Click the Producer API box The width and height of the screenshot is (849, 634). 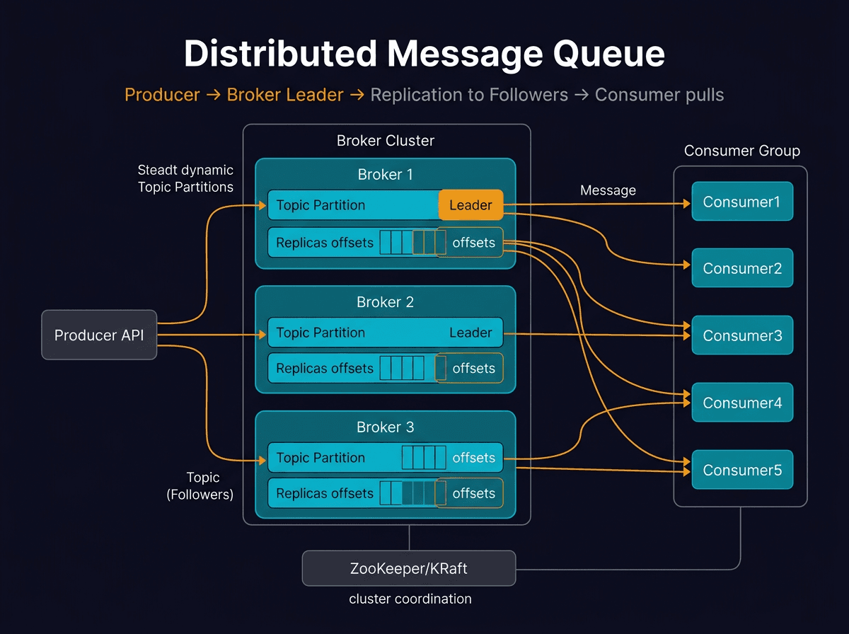(99, 335)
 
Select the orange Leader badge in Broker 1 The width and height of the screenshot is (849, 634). (470, 205)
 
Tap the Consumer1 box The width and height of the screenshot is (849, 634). (741, 202)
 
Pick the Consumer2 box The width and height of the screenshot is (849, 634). (741, 268)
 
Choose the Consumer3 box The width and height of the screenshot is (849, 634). (741, 335)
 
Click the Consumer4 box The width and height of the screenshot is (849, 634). (741, 403)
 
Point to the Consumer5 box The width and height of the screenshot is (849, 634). (741, 470)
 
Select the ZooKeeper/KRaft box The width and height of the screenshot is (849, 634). (409, 568)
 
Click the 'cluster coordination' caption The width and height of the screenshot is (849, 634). (410, 599)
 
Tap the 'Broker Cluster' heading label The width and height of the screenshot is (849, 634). (386, 140)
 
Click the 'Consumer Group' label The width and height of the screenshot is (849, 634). (742, 151)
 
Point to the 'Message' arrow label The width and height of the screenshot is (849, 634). (608, 190)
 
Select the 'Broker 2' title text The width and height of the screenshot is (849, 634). (385, 302)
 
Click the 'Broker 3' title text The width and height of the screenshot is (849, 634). (385, 427)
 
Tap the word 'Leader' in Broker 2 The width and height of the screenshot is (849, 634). (470, 333)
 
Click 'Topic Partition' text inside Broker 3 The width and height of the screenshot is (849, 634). (320, 458)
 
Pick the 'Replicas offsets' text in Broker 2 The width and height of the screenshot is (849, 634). (325, 368)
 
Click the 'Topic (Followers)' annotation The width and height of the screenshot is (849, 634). (200, 486)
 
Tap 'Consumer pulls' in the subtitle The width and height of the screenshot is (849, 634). (659, 95)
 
